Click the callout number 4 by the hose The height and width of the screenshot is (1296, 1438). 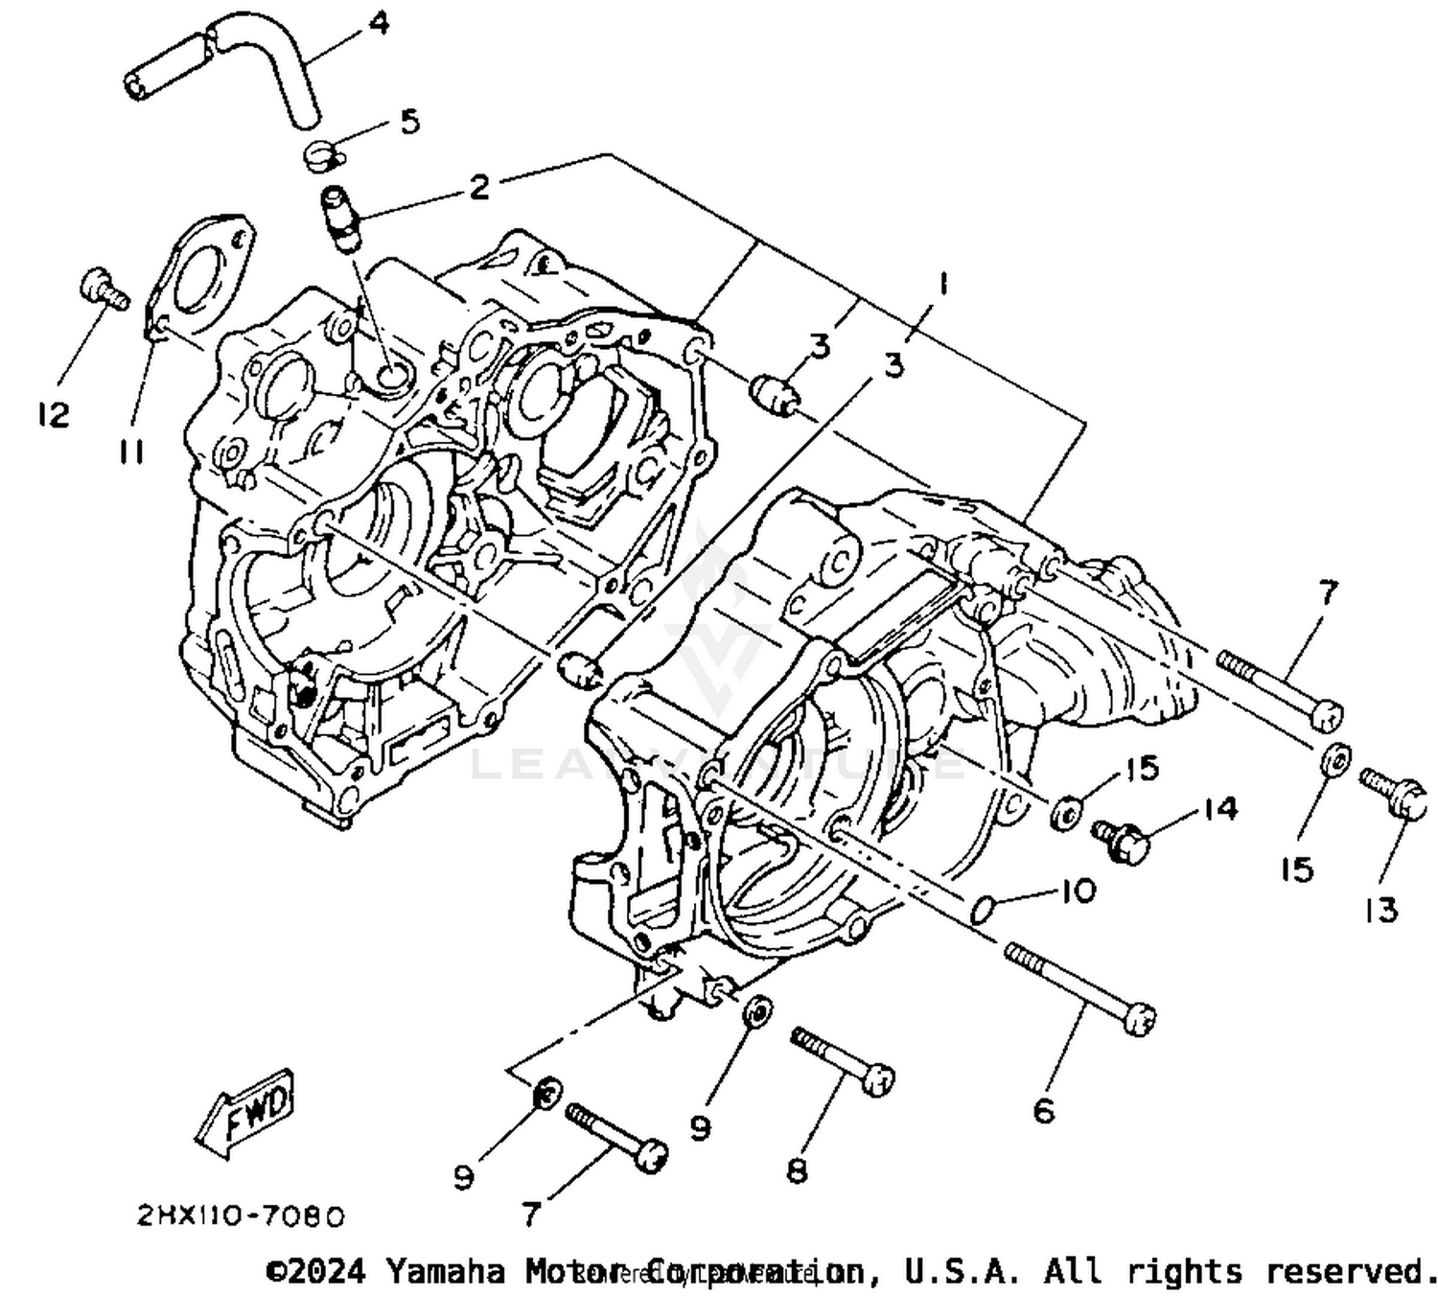(x=380, y=22)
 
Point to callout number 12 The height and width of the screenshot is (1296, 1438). (x=54, y=415)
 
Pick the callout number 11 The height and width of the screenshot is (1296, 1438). (x=131, y=451)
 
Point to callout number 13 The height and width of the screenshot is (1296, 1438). (x=1381, y=909)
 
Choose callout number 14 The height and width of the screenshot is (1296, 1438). (x=1219, y=809)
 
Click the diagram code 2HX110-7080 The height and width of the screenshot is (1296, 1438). (x=240, y=1216)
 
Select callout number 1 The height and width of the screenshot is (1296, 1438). (x=943, y=284)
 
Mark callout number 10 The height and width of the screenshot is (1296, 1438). (x=1078, y=891)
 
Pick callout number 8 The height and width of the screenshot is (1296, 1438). (x=797, y=1169)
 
